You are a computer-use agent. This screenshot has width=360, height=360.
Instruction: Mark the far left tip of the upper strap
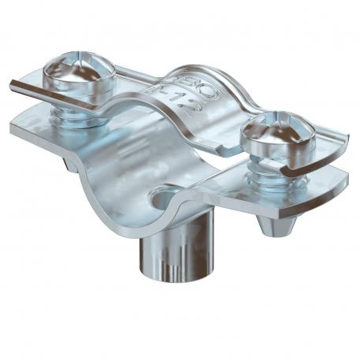pyautogui.click(x=12, y=85)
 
